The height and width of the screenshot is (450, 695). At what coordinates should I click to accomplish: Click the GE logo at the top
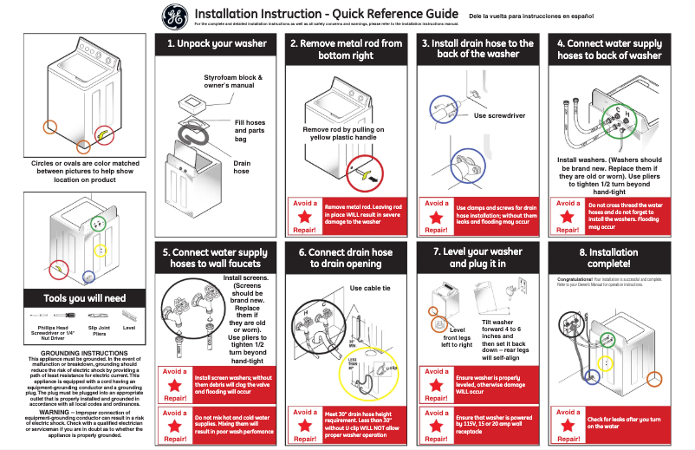coord(174,16)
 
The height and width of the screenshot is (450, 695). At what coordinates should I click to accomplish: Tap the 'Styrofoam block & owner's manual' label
coord(233,82)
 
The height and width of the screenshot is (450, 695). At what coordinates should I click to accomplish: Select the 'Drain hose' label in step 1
coord(242,166)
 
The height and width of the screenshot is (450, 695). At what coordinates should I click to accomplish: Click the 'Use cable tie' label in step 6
coord(369,288)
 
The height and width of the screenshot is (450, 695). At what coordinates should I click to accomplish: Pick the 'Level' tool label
coord(129,329)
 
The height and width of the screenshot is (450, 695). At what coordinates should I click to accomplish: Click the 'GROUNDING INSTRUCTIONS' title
coord(85,354)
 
